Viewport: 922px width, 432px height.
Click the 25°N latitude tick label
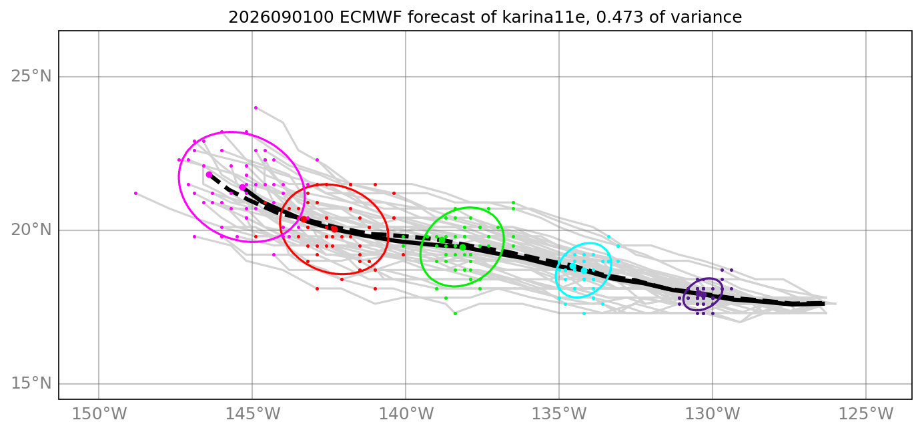click(31, 77)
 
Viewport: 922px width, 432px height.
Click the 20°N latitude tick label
click(31, 230)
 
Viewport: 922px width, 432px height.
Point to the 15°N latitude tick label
click(31, 384)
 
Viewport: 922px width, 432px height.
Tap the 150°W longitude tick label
click(99, 414)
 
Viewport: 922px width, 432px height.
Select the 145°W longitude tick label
click(252, 414)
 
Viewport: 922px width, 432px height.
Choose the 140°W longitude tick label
click(406, 414)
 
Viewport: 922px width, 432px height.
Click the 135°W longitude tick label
click(559, 414)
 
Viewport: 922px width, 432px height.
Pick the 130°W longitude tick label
click(713, 414)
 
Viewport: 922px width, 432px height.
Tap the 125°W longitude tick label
click(866, 414)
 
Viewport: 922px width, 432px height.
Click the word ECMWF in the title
click(370, 17)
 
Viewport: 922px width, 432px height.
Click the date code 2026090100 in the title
click(281, 17)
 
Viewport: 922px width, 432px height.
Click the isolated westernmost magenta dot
click(136, 193)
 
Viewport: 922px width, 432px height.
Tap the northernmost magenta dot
click(256, 108)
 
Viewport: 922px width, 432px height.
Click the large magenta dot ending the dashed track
click(209, 175)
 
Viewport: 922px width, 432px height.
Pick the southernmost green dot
click(455, 313)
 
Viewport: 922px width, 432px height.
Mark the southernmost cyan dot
click(584, 313)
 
